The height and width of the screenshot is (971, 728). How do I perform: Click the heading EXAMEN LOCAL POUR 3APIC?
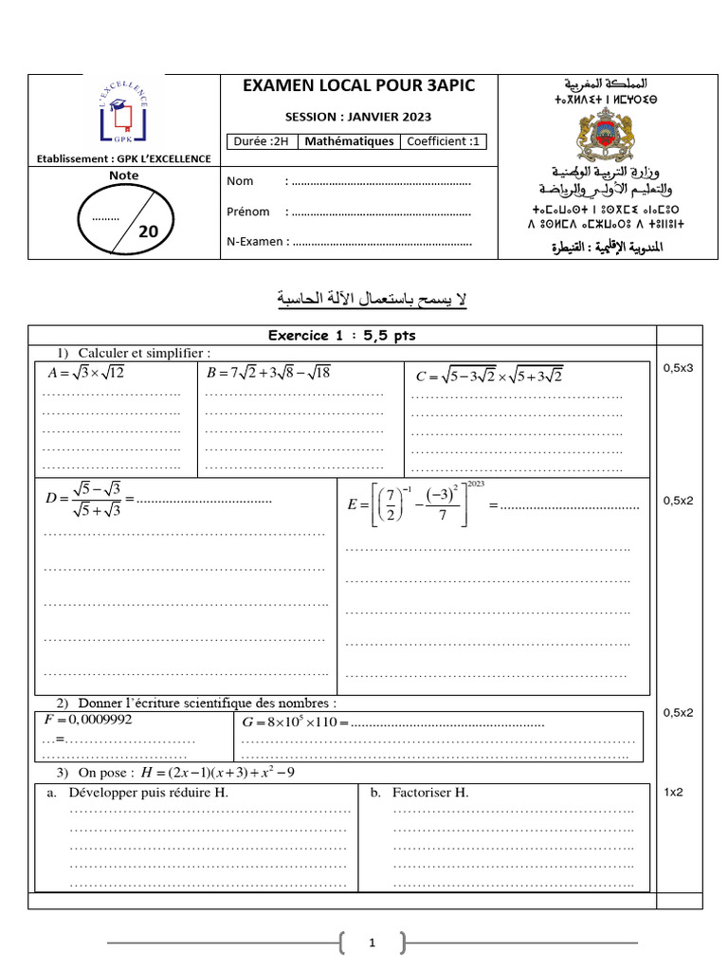(359, 86)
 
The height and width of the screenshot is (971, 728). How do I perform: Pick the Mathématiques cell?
(348, 142)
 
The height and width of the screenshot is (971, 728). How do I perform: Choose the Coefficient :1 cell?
(443, 142)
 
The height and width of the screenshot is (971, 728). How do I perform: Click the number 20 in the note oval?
(149, 231)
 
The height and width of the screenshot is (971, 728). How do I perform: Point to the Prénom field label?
(247, 211)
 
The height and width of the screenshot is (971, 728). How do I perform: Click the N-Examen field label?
(254, 242)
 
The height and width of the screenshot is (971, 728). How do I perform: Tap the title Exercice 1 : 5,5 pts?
(341, 336)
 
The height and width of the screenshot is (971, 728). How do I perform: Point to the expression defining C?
(490, 376)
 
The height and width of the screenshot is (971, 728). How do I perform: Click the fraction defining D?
(83, 499)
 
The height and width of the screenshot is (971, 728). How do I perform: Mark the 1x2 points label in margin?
(673, 791)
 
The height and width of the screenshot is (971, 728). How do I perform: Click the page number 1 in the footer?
(373, 943)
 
